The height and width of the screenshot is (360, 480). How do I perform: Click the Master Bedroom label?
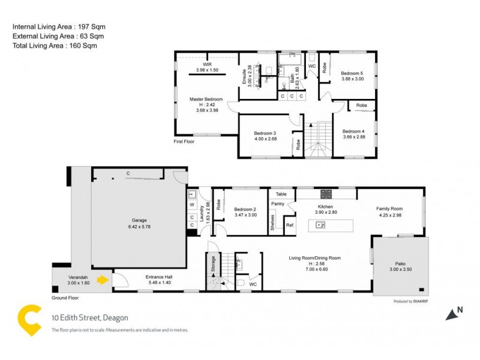click(x=206, y=99)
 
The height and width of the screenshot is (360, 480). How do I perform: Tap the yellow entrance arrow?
click(x=103, y=279)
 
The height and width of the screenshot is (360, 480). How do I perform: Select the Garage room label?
click(x=138, y=220)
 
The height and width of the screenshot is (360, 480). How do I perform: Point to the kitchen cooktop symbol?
click(x=326, y=194)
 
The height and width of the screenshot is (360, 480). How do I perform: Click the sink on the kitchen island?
click(x=320, y=226)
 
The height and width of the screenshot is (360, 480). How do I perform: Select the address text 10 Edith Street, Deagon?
click(x=89, y=318)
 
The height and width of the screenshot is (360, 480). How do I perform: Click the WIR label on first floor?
click(x=206, y=64)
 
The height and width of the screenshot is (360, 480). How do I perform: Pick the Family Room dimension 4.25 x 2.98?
click(x=389, y=215)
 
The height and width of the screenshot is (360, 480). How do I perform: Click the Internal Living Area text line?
click(x=52, y=27)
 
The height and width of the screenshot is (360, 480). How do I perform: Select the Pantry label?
click(x=277, y=204)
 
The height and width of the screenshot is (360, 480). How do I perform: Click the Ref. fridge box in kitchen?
click(x=290, y=226)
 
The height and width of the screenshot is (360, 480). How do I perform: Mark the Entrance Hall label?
click(x=158, y=277)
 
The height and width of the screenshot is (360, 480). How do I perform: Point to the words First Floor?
click(x=185, y=142)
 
